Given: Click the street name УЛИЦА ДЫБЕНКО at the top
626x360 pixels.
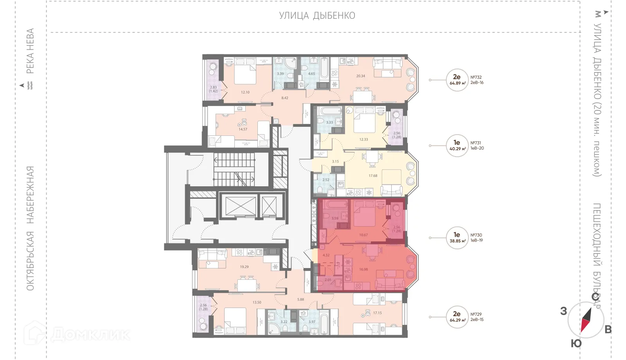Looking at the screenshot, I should coord(317,16).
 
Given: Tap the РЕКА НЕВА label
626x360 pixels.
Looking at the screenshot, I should coord(30,51).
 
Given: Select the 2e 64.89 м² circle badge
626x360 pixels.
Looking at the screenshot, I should coord(457,80).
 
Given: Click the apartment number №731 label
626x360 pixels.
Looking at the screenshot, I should coord(476,143).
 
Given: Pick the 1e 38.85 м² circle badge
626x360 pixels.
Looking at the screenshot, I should coord(457,238).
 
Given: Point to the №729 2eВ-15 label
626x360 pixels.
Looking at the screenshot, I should coord(477,317).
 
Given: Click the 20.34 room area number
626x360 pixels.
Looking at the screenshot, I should coord(360,76).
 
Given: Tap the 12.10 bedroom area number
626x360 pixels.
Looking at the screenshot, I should coord(245,92).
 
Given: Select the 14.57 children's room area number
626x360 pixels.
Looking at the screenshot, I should coord(243,129).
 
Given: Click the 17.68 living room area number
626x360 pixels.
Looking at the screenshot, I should coord(373,176).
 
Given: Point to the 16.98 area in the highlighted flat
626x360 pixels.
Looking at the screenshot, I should coord(363,269).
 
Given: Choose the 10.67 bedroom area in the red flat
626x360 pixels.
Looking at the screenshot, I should coord(363,235).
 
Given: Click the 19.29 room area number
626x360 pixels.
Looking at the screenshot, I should coord(244,267).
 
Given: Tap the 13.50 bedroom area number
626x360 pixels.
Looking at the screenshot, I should coord(257,302).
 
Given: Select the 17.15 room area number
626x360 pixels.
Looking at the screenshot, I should coord(377,313).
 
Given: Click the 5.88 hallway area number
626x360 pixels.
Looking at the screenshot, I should coord(300,299).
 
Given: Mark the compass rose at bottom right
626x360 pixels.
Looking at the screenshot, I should coord(586,320).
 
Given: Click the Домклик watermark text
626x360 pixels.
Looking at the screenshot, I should coord(90,335).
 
